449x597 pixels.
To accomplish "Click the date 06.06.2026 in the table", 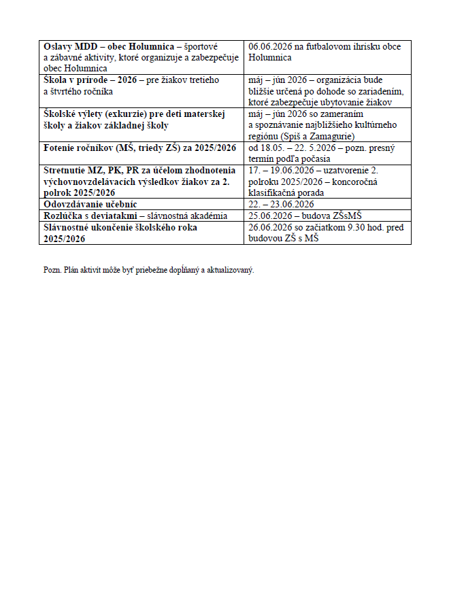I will pos(271,46).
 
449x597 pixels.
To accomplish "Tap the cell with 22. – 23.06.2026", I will pos(281,204).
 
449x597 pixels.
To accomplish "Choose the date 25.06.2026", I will pos(271,216).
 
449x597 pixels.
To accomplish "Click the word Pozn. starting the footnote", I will pos(52,270).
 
